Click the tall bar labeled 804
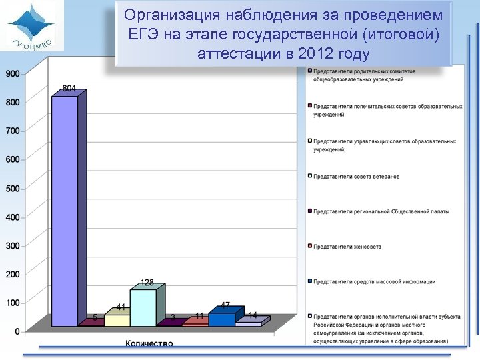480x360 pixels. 65,210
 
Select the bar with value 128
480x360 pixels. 143,307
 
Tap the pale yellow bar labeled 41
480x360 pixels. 117,320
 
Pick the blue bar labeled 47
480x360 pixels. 221,319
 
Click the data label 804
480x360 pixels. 69,88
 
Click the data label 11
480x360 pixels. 199,315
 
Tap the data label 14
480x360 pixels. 253,315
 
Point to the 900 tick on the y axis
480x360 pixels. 13,73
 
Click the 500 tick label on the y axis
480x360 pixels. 13,189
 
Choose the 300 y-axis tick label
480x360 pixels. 13,246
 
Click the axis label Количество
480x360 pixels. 149,344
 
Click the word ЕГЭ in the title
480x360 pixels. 141,34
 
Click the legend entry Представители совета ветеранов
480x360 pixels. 357,176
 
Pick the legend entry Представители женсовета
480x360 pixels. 347,247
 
